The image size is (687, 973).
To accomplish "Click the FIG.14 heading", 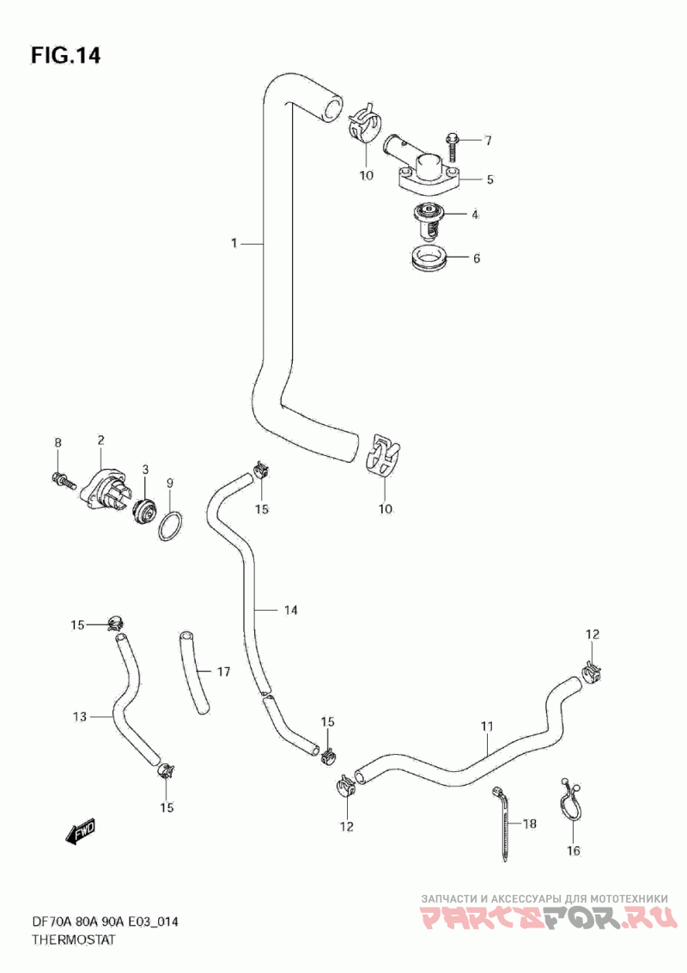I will pyautogui.click(x=66, y=56).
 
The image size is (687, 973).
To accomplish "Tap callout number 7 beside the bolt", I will pyautogui.click(x=488, y=140).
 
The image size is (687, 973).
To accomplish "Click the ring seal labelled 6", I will pyautogui.click(x=424, y=258).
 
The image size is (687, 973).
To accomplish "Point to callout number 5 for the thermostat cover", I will pyautogui.click(x=489, y=180).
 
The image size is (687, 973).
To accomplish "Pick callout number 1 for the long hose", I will pyautogui.click(x=234, y=244).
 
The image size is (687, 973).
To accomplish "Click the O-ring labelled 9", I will pyautogui.click(x=170, y=525).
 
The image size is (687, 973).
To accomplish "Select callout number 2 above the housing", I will pyautogui.click(x=100, y=441).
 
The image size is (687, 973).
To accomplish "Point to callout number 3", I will pyautogui.click(x=145, y=469).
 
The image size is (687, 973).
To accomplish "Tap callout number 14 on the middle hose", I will pyautogui.click(x=290, y=611).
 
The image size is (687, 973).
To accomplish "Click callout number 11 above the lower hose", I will pyautogui.click(x=487, y=727).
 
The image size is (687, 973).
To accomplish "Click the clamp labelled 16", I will pyautogui.click(x=570, y=804).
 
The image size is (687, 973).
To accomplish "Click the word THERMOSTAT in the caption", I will pyautogui.click(x=73, y=940).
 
